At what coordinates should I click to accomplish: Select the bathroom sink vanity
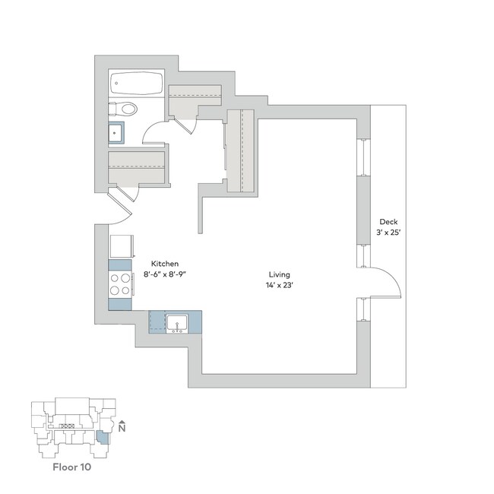(116, 134)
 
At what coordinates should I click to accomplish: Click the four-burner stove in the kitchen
(120, 284)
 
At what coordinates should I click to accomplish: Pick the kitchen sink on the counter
(177, 321)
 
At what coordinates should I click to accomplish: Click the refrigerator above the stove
(121, 246)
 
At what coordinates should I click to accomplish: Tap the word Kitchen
(165, 264)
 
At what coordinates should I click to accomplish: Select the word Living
(279, 274)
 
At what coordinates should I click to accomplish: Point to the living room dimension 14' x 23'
(279, 286)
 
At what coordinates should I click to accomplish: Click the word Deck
(388, 222)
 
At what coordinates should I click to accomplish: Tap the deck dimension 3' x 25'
(388, 233)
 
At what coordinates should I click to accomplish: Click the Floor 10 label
(71, 467)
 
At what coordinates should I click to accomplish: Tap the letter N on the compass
(122, 429)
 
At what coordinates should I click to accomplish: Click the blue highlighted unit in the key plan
(103, 439)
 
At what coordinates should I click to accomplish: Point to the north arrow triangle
(122, 420)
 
